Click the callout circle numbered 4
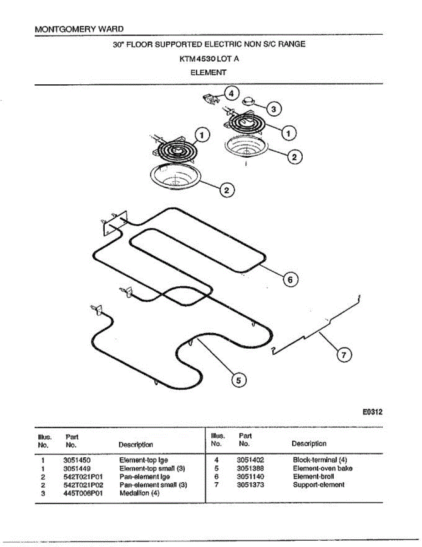pos(231,94)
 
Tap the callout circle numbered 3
pos(273,109)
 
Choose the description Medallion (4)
pos(139,493)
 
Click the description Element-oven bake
pos(322,469)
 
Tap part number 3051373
pos(250,485)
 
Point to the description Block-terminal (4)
pos(320,460)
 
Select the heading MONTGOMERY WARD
pos(79,29)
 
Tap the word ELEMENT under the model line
pos(208,72)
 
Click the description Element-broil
pos(313,477)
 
